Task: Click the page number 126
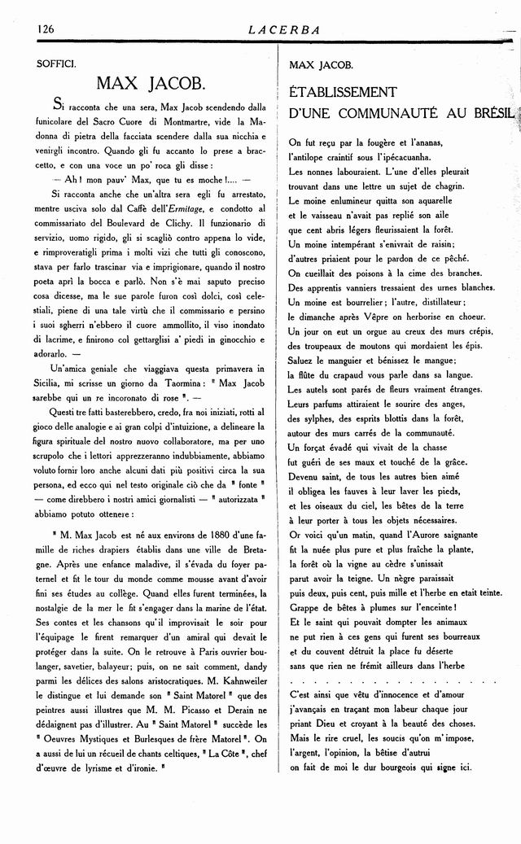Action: pos(45,29)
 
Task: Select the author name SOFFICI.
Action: pos(56,63)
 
